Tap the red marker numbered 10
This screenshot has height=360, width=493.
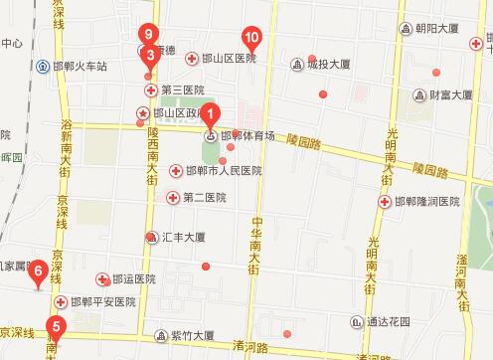[x=252, y=41]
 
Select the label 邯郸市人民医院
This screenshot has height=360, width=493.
[x=223, y=171]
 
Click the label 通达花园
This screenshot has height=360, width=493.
[x=389, y=321]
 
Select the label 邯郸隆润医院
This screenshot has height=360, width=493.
[x=426, y=202]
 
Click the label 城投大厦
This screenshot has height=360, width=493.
[x=328, y=66]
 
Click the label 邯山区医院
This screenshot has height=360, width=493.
[x=228, y=59]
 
